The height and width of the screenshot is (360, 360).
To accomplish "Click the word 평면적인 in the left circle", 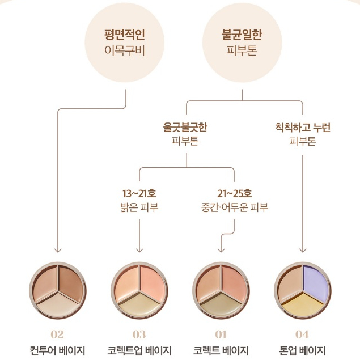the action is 124,35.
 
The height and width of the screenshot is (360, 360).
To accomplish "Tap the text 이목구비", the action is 124,50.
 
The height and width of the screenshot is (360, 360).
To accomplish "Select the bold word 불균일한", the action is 242,35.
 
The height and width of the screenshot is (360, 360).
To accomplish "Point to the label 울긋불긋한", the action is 185,127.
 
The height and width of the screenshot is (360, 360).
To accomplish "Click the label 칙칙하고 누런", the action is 303,127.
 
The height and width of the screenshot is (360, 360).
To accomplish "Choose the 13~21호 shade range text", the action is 139,193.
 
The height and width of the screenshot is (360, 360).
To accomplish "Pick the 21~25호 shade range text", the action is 234,193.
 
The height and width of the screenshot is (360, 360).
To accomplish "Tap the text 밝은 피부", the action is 139,207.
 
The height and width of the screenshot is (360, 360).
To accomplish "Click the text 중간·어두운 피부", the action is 234,207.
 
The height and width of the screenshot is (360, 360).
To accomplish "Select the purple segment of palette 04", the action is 315,281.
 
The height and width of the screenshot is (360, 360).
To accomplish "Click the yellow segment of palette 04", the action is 303,303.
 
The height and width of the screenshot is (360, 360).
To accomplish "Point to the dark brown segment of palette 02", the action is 71,281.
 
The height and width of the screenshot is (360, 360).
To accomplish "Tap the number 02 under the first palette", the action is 57,334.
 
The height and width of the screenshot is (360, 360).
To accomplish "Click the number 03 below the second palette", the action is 139,334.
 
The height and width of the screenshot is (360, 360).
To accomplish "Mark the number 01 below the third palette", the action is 221,334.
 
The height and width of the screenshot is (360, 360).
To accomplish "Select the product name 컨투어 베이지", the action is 57,350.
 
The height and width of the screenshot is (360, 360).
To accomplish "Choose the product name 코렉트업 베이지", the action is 139,350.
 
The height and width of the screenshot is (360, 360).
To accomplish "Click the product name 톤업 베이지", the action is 302,350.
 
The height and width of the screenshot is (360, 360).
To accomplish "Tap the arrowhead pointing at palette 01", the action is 221,250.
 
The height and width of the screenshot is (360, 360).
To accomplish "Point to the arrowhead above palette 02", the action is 58,250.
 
